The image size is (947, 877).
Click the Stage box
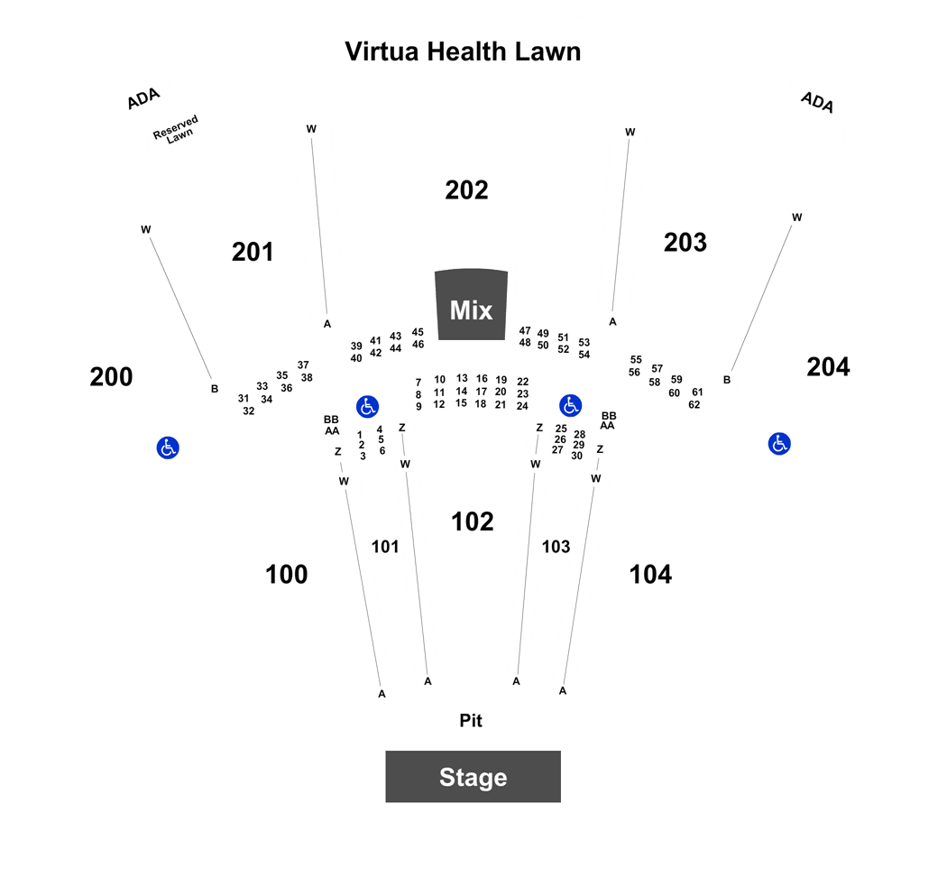point(473,777)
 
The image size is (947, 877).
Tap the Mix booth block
point(471,304)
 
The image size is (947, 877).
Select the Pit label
point(471,721)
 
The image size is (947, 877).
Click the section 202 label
point(466,190)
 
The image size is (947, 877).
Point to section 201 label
point(253,252)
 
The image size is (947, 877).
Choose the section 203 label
point(685,242)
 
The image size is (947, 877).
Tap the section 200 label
point(111,377)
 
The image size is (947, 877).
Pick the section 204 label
point(828,366)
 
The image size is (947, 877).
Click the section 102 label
point(473,522)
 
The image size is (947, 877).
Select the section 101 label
point(385,547)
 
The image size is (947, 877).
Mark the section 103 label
point(556,547)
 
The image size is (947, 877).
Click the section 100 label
point(286,575)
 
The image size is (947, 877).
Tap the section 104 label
point(650,575)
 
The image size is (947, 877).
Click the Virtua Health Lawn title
point(463,51)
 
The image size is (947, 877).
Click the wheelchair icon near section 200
point(168,448)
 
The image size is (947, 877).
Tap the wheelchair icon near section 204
point(779,443)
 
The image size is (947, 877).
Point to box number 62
point(694,405)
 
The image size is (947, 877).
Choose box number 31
point(243,399)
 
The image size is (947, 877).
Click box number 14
point(462,391)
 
